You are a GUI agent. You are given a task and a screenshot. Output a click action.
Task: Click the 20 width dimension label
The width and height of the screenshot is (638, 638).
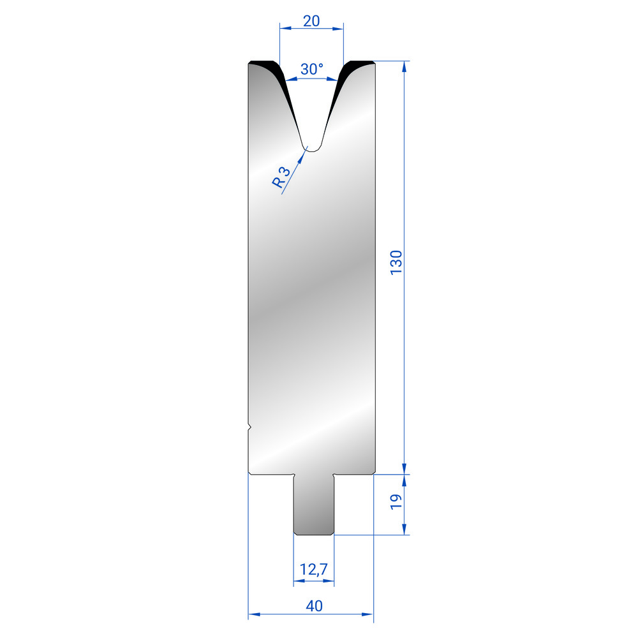(x=311, y=21)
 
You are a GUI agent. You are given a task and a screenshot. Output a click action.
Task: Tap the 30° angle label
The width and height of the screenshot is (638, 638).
(x=312, y=69)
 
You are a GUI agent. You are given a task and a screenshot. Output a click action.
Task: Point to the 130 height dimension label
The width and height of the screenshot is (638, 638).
(x=396, y=263)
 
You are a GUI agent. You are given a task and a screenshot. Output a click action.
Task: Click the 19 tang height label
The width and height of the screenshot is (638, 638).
(x=396, y=501)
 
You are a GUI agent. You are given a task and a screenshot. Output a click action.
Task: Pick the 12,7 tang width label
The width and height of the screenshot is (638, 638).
(x=313, y=569)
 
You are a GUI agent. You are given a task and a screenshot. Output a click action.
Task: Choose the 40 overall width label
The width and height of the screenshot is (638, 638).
(x=314, y=606)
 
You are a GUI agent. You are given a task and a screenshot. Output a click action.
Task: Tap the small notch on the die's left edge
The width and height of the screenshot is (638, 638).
(x=250, y=427)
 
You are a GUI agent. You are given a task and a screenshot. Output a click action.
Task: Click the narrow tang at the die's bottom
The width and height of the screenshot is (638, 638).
(x=314, y=505)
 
